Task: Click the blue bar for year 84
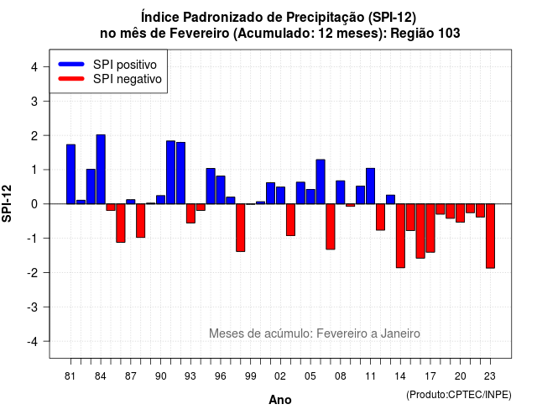[x=101, y=170]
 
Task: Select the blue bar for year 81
[x=70, y=174]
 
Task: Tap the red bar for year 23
[x=490, y=236]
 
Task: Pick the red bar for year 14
[x=401, y=235]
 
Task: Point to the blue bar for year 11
[x=371, y=186]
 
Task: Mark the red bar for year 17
[x=430, y=228]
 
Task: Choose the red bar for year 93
[x=190, y=213]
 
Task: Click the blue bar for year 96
[x=221, y=190]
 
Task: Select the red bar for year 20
[x=461, y=213]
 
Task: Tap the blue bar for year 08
[x=341, y=192]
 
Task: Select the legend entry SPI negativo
[x=110, y=79]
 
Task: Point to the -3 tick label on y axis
[x=33, y=307]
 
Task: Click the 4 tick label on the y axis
[x=34, y=67]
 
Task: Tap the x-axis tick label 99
[x=251, y=376]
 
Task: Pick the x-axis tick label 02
[x=280, y=376]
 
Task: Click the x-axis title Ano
[x=280, y=400]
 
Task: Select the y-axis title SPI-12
[x=7, y=203]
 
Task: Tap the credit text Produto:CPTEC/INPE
[x=459, y=395]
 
